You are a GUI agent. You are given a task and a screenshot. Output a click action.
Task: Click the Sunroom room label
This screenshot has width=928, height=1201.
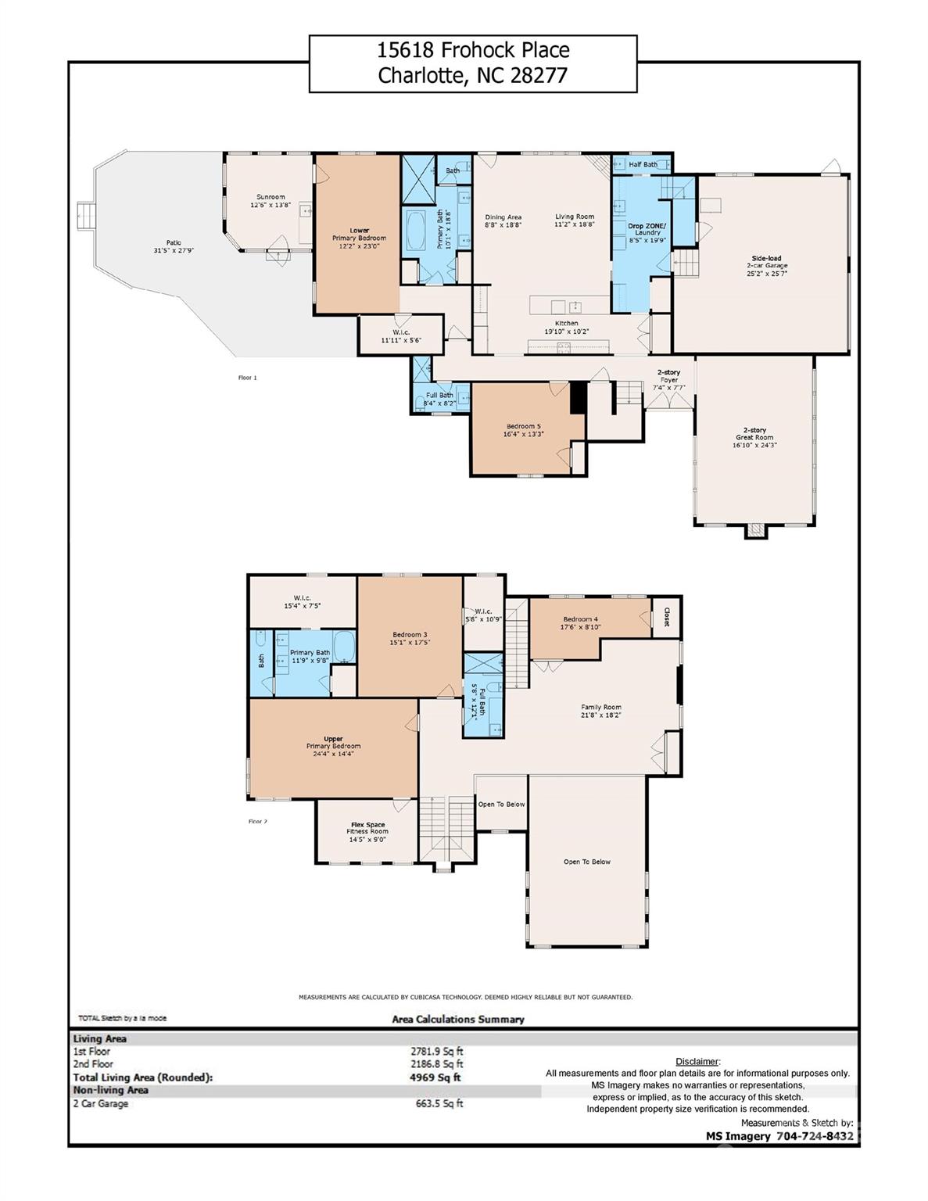click(271, 197)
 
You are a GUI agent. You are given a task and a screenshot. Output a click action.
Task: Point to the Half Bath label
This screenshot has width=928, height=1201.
click(643, 164)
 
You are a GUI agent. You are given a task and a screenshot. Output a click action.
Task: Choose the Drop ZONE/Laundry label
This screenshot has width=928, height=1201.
click(648, 229)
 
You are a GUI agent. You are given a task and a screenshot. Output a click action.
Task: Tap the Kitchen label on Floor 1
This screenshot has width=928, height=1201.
click(567, 323)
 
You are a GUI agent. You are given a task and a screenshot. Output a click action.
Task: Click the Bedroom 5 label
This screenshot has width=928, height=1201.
click(523, 426)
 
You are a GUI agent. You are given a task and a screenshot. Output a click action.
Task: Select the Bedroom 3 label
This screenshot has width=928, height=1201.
click(410, 634)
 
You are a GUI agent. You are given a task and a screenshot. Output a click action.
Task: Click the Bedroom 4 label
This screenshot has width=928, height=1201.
click(581, 619)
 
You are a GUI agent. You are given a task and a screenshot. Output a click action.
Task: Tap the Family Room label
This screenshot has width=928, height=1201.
click(600, 707)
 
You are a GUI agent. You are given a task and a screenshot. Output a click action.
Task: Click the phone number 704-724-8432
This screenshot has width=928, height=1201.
click(815, 1136)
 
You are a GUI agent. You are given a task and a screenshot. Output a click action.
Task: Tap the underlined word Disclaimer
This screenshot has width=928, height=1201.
click(697, 1061)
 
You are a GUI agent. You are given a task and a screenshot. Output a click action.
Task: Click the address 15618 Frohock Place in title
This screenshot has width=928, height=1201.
click(473, 51)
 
